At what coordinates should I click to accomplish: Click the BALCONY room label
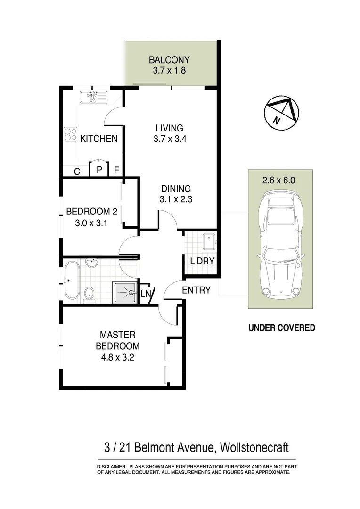click(x=169, y=60)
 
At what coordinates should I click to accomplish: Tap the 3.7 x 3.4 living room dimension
click(x=169, y=139)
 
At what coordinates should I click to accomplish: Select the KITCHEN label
click(x=98, y=139)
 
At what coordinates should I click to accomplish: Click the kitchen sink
click(x=93, y=97)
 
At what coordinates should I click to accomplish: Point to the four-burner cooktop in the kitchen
click(x=71, y=135)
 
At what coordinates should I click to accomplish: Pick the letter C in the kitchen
click(x=77, y=172)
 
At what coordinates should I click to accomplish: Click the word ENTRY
click(x=196, y=290)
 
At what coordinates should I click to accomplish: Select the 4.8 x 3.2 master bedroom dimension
click(x=118, y=357)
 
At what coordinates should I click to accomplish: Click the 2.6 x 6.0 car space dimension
click(x=280, y=180)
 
